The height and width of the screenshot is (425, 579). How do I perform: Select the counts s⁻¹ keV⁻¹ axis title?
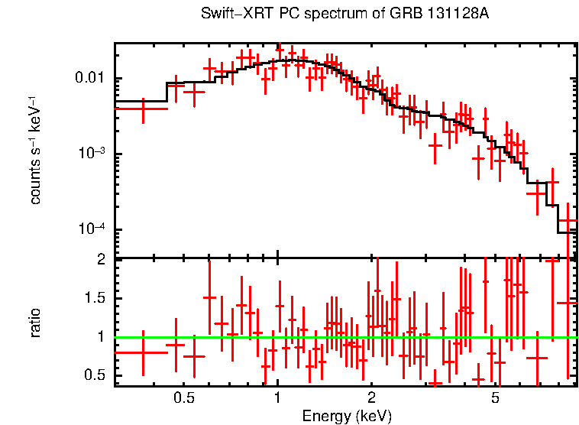[x=35, y=150]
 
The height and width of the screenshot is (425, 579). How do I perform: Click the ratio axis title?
[x=35, y=323]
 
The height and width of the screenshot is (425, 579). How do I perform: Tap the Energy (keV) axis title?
[x=347, y=417]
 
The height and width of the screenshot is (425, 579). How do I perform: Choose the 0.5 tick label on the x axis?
[x=183, y=398]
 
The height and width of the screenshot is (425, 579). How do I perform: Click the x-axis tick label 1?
[x=277, y=398]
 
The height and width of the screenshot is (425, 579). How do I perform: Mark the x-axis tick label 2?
[x=371, y=398]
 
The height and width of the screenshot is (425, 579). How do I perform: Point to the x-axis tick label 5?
[x=495, y=398]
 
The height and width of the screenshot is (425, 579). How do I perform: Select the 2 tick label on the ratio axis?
[x=100, y=259]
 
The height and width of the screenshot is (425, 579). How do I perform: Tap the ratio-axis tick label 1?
[x=100, y=336]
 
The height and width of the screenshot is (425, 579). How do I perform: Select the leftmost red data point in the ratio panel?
[x=142, y=352]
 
